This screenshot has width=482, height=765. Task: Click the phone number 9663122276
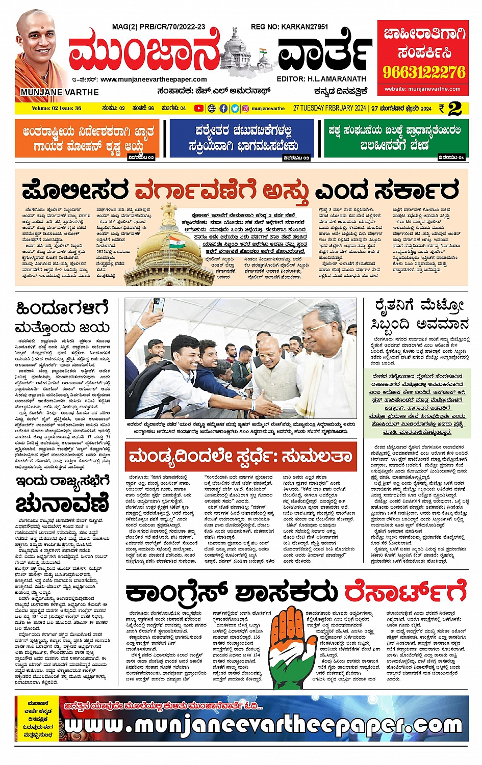click(424, 71)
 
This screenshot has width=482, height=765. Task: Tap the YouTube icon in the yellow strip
click(198, 108)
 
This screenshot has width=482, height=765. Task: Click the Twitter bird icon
click(235, 108)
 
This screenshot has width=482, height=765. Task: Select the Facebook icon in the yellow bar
click(223, 108)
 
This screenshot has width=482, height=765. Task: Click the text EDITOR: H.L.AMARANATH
click(321, 79)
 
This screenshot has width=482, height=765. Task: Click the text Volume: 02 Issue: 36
click(56, 108)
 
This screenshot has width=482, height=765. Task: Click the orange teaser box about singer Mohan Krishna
click(87, 139)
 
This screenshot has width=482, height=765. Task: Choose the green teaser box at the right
click(395, 139)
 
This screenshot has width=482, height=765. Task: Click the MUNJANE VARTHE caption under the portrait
click(60, 92)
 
